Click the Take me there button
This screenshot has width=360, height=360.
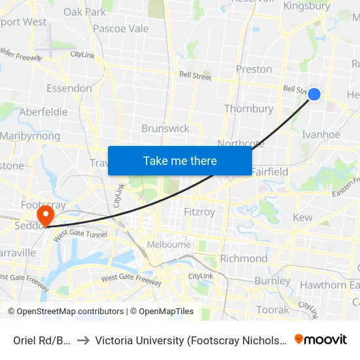(x=180, y=161)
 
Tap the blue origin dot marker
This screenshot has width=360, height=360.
(x=314, y=94)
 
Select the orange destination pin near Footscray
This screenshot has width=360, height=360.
(x=45, y=215)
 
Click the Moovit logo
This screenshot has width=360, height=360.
(x=321, y=340)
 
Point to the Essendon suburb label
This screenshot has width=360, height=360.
(x=69, y=88)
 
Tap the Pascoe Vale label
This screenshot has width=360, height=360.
(x=120, y=29)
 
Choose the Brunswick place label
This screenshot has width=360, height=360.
(x=166, y=128)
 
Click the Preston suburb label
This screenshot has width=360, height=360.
(x=253, y=69)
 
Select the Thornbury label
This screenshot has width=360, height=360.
(x=249, y=109)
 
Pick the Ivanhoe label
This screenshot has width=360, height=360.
(x=321, y=135)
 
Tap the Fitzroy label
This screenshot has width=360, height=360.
(x=200, y=212)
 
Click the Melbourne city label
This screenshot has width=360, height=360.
(x=168, y=245)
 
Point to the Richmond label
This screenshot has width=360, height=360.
(x=243, y=259)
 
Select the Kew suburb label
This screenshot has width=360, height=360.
(x=302, y=217)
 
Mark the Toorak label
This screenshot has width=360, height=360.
(x=273, y=310)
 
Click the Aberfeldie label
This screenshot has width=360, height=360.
(x=43, y=112)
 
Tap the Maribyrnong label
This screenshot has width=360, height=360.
(x=30, y=136)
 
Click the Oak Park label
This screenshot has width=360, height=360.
(x=85, y=12)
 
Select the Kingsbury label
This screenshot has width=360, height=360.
(x=306, y=6)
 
